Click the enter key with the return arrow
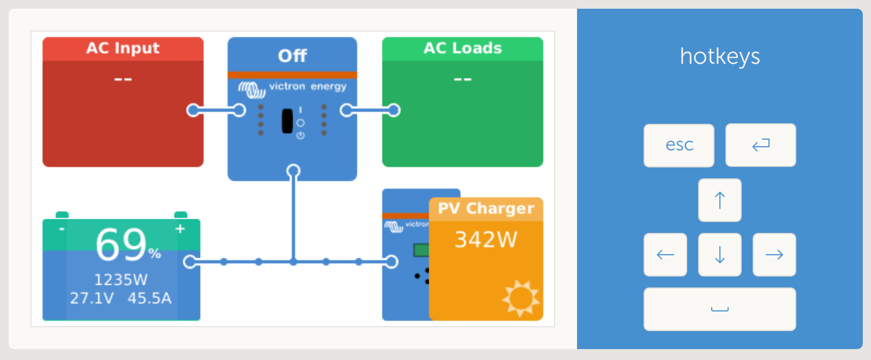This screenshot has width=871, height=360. point(760,145)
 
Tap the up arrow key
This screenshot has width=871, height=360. point(719,200)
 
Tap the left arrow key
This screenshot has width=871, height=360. point(665,255)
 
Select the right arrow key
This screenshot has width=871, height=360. point(774,255)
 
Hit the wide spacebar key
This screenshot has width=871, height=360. point(719,309)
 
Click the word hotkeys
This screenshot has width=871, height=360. point(719,56)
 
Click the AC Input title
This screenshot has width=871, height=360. point(123,48)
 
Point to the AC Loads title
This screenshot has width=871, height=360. point(462,48)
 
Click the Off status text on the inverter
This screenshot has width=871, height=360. point(292,55)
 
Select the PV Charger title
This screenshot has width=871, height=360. point(486,208)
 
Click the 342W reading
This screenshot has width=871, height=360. point(486,239)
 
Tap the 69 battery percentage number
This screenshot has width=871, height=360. point(121,244)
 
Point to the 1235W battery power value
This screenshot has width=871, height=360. point(121,280)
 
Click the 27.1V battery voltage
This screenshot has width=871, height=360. point(92,298)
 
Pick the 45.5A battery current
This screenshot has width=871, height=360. point(149,298)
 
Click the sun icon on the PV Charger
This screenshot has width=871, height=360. point(521,298)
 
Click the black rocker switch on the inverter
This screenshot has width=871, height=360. point(287,121)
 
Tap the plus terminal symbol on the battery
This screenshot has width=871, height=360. point(180,229)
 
